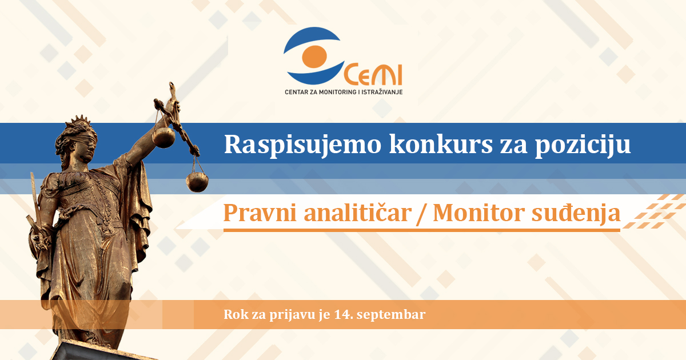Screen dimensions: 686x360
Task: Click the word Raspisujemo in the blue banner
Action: [302, 145]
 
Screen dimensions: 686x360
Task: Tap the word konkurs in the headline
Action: [441, 144]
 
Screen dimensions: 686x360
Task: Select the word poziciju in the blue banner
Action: [583, 145]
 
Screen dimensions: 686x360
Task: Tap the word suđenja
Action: [576, 213]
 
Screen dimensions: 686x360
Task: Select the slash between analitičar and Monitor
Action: [422, 213]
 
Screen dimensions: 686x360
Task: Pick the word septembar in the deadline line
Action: [391, 315]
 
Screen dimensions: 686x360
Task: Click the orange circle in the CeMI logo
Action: [314, 57]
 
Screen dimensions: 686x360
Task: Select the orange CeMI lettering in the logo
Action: [373, 74]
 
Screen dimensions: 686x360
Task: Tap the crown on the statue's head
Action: [79, 122]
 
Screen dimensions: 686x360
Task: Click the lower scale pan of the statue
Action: [197, 182]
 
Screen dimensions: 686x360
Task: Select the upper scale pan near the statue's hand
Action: [163, 137]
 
